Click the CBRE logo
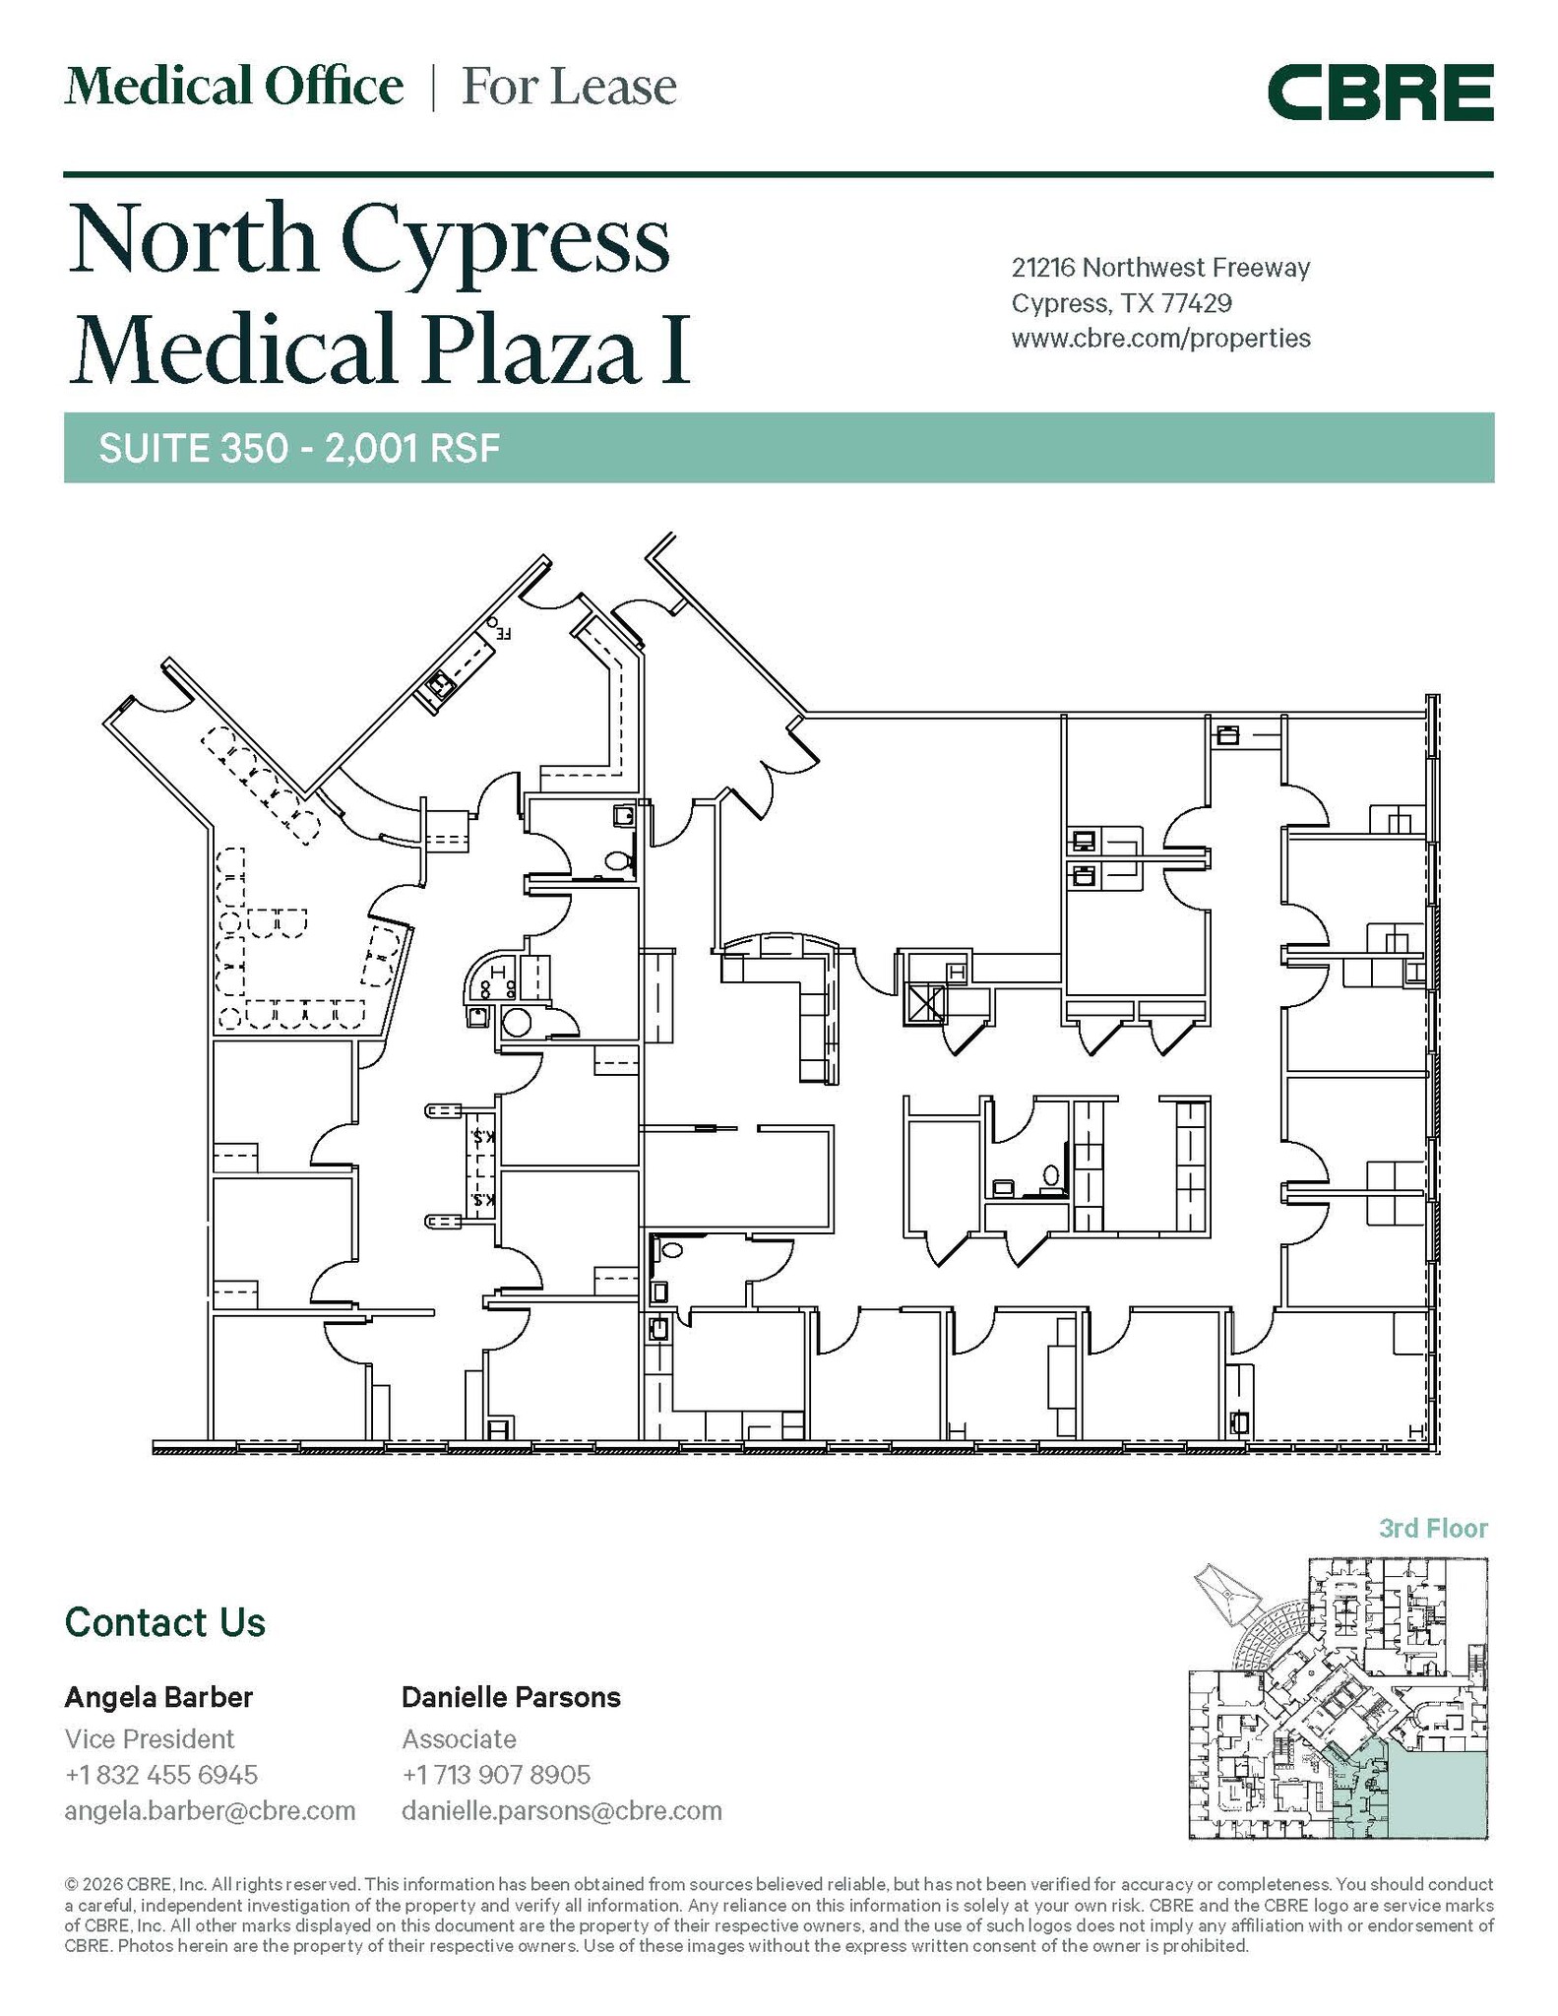click(1380, 93)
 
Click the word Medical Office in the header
click(234, 87)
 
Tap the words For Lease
click(569, 87)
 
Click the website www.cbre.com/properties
click(1160, 338)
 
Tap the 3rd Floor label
click(1433, 1529)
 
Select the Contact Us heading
click(165, 1622)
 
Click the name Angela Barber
click(158, 1697)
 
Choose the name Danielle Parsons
click(511, 1697)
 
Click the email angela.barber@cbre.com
click(210, 1810)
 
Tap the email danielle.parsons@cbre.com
click(561, 1810)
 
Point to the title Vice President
click(150, 1738)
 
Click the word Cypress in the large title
click(506, 242)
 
